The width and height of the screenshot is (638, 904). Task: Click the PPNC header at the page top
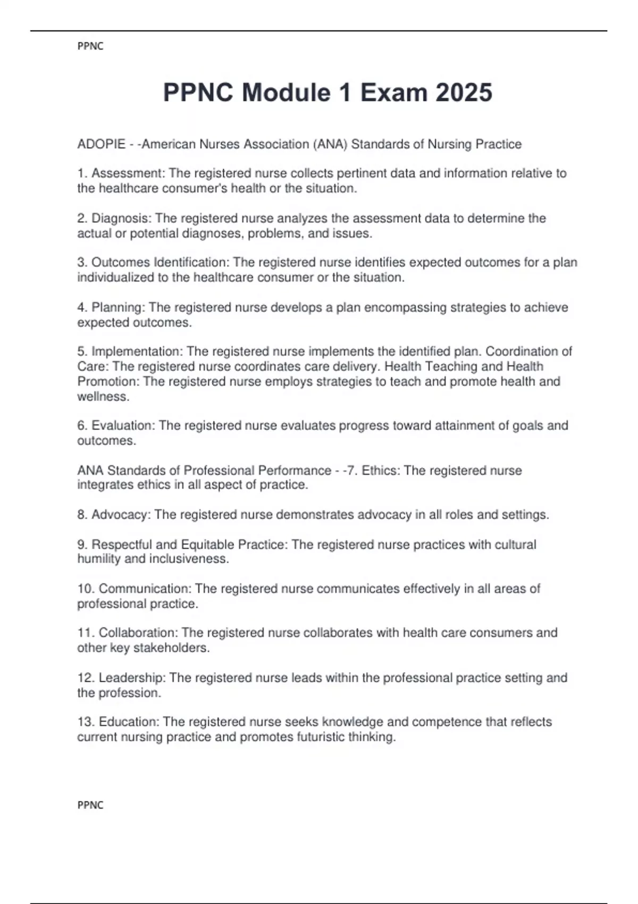coord(90,46)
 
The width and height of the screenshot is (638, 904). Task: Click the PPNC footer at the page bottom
coord(90,805)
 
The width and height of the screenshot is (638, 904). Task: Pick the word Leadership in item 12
coord(132,678)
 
